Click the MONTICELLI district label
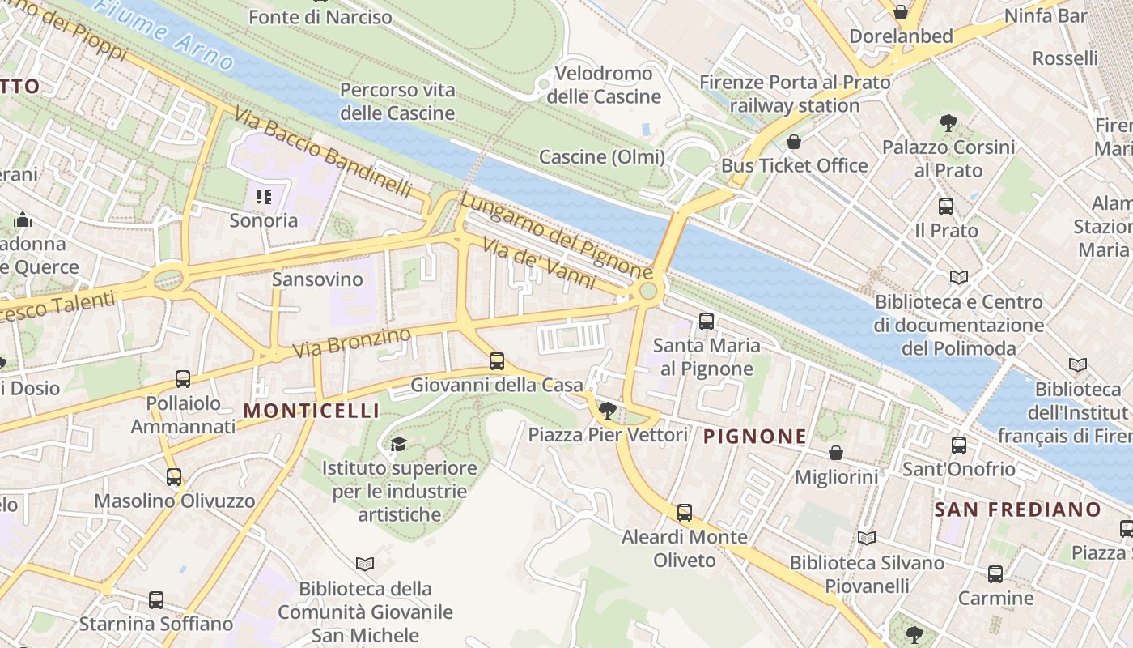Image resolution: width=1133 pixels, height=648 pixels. (x=311, y=411)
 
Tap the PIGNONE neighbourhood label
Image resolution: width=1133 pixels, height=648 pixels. (x=754, y=437)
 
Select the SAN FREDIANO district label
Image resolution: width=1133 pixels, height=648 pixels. (x=1017, y=509)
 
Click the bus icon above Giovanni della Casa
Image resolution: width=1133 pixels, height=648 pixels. (x=497, y=361)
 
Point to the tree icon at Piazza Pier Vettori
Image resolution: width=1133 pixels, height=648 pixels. (x=608, y=411)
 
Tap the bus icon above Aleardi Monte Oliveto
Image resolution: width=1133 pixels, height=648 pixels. (x=685, y=512)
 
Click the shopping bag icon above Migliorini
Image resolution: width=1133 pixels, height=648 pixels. (x=835, y=453)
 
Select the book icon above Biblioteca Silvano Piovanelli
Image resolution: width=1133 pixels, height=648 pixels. (x=866, y=538)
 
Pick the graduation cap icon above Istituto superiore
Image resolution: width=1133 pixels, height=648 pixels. (x=398, y=444)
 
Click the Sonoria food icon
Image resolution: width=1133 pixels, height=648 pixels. (x=263, y=196)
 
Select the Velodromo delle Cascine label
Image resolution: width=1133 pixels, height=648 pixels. (x=604, y=85)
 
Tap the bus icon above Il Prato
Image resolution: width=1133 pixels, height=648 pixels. (x=945, y=207)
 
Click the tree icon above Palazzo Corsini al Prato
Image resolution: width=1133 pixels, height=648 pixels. (x=948, y=123)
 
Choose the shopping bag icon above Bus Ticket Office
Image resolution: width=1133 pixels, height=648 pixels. (x=794, y=142)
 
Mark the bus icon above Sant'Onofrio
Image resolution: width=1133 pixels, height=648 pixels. (x=959, y=445)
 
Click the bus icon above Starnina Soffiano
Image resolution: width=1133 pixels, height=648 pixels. (x=156, y=600)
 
